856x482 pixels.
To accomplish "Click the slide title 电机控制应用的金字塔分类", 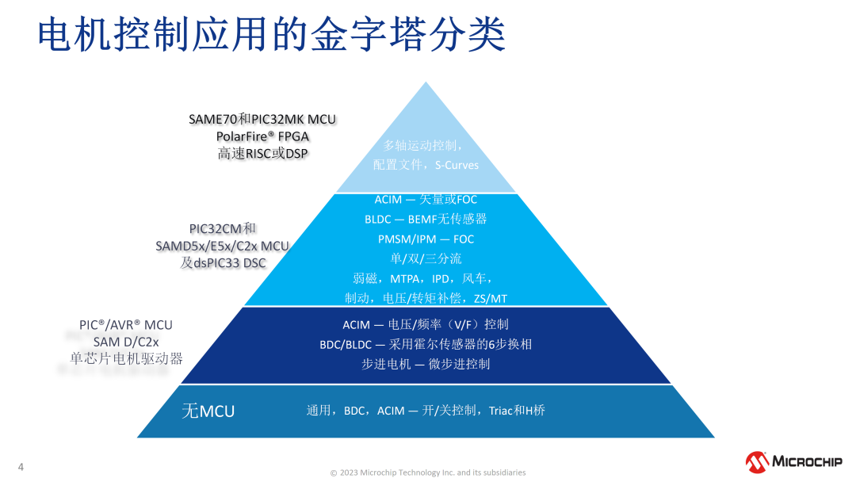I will tap(272, 35).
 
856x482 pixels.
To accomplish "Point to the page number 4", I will tap(21, 466).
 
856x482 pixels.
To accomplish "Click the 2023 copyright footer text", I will tap(428, 472).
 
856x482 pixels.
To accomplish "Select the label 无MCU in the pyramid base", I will tap(208, 411).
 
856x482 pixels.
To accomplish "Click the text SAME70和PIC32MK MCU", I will tap(262, 119).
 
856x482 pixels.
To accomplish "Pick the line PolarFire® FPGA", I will tap(262, 136).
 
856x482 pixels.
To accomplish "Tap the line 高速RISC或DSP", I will tap(262, 154).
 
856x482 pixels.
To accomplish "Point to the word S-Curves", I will tap(457, 165).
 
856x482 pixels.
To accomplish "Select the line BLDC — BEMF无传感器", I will tap(426, 219).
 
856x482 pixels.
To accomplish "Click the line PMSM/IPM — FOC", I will tap(426, 239).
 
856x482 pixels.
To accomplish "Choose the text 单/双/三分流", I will tap(426, 258).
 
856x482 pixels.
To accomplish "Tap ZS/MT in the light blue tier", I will tap(490, 299).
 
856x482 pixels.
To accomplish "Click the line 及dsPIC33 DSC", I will tap(223, 263).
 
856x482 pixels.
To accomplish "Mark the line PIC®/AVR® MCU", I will tap(126, 325).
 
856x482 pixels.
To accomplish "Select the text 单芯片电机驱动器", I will tap(126, 358).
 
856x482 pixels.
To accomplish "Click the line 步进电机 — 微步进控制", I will tap(426, 364).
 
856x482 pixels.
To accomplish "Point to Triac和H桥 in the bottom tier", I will tap(517, 411).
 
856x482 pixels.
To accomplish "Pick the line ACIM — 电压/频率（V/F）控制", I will tap(426, 324).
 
